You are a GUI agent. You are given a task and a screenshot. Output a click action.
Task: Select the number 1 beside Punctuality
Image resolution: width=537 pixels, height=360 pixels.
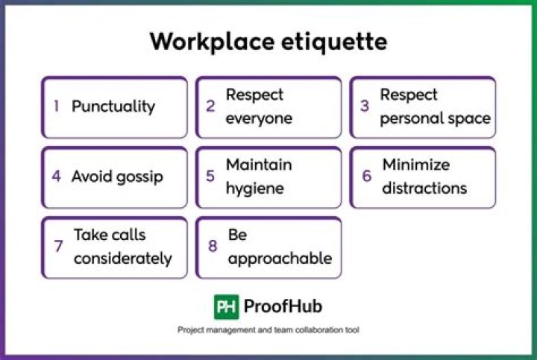click(x=57, y=107)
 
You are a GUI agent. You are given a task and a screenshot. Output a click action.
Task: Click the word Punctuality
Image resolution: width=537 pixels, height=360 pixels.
click(x=113, y=107)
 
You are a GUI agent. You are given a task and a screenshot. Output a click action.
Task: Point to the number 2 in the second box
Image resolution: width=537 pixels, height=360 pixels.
click(x=211, y=107)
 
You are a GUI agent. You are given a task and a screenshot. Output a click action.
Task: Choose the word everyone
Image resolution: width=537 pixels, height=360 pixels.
click(x=259, y=119)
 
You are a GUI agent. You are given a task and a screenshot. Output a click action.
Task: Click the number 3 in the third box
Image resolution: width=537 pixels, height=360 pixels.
click(x=365, y=107)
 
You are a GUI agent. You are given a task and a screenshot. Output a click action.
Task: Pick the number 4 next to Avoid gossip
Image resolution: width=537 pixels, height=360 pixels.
click(x=57, y=177)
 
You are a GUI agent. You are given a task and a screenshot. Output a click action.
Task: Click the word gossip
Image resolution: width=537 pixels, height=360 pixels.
click(x=138, y=177)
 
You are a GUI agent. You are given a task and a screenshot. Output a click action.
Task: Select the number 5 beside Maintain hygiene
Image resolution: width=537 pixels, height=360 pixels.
click(x=211, y=177)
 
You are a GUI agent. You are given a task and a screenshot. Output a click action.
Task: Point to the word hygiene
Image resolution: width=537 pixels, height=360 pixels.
click(x=254, y=189)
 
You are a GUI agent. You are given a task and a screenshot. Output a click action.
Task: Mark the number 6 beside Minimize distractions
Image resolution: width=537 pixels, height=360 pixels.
click(x=366, y=177)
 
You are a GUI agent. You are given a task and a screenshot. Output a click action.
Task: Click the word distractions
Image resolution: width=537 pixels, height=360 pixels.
click(x=424, y=188)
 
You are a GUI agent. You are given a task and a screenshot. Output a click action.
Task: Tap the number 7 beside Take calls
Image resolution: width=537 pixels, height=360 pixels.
click(x=58, y=247)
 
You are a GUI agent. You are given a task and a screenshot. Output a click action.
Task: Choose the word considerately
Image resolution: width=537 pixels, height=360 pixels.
click(x=122, y=259)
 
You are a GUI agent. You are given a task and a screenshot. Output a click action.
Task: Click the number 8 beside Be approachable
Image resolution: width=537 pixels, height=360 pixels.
click(x=212, y=247)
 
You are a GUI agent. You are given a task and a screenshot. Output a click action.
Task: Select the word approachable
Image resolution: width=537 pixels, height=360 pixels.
click(x=280, y=259)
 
